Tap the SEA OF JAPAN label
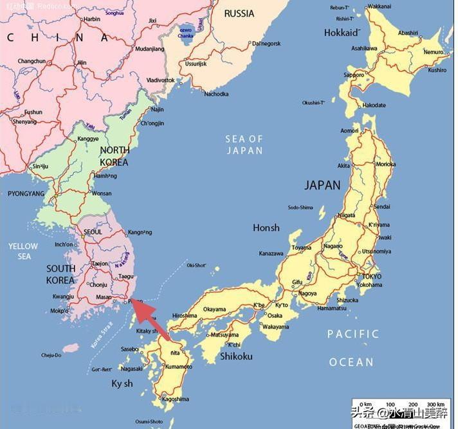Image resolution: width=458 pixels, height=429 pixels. pyautogui.click(x=244, y=144)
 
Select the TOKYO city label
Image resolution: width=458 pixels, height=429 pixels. pyautogui.click(x=372, y=276)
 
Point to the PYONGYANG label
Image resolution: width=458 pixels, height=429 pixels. pyautogui.click(x=26, y=193)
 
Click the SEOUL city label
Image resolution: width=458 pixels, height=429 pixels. pyautogui.click(x=93, y=232)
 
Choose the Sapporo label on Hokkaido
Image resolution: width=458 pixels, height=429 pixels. pyautogui.click(x=354, y=75)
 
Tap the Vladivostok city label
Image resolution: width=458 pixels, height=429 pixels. pyautogui.click(x=160, y=80)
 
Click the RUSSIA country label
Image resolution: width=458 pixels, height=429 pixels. pyautogui.click(x=239, y=13)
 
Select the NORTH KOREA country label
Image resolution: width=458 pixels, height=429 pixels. pyautogui.click(x=114, y=156)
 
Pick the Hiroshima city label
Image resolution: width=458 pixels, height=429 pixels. pyautogui.click(x=185, y=315)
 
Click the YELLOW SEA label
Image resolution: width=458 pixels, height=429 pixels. pyautogui.click(x=23, y=251)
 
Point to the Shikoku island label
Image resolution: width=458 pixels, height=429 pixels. pyautogui.click(x=236, y=356)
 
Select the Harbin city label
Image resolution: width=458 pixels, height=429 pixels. pyautogui.click(x=92, y=19)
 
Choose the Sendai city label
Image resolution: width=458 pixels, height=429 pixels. pyautogui.click(x=381, y=207)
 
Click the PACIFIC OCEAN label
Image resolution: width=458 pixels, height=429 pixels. pyautogui.click(x=353, y=347)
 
